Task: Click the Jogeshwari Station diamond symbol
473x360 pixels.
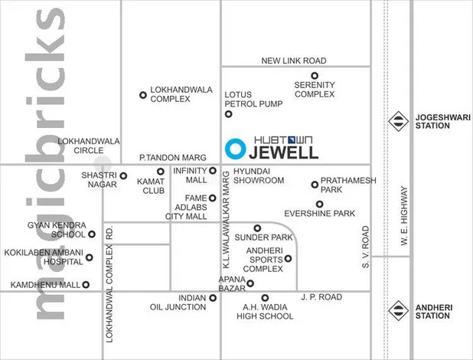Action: tap(399, 119)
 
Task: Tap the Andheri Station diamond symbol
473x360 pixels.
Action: tap(399, 310)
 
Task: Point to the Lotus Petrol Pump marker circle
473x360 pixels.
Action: tap(228, 114)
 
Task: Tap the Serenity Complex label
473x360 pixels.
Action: tap(315, 89)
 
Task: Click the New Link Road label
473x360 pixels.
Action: tap(293, 61)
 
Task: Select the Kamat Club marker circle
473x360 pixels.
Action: tap(161, 172)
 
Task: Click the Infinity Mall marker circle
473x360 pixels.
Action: tap(213, 171)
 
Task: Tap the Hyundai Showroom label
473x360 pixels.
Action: tap(259, 175)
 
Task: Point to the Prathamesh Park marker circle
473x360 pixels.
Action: tap(315, 184)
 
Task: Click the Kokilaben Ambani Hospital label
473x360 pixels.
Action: tap(44, 257)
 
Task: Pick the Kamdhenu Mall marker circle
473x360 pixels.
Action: tap(86, 285)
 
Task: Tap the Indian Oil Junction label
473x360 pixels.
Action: tap(178, 303)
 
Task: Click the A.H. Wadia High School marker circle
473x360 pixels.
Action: tap(265, 297)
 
